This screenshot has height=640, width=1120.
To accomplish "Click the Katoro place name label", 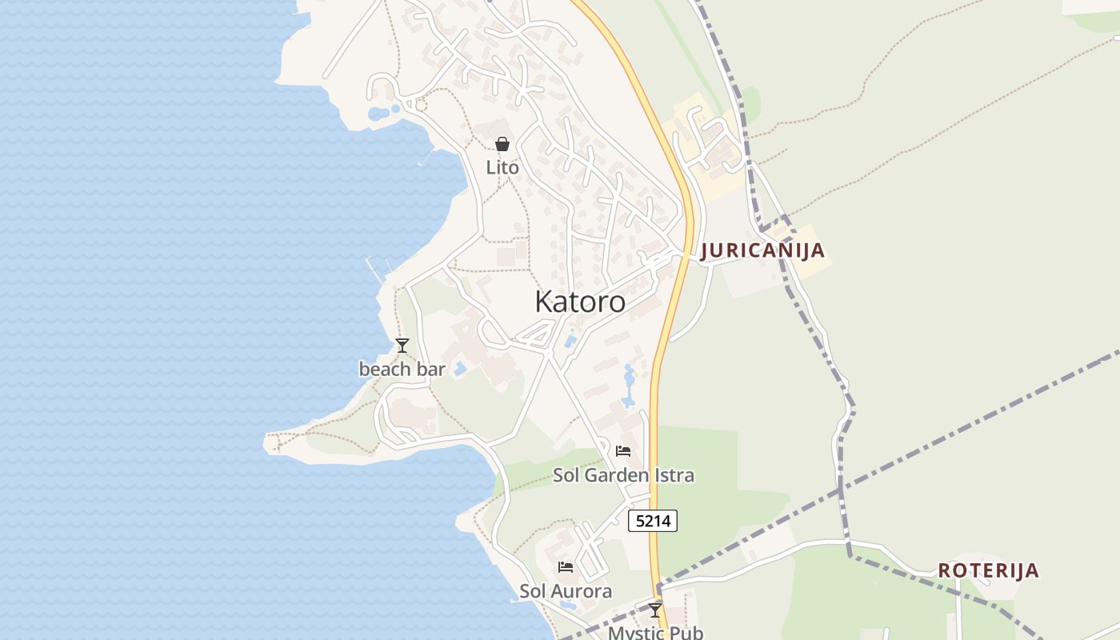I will [x=580, y=302].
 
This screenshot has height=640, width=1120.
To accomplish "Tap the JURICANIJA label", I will [x=762, y=250].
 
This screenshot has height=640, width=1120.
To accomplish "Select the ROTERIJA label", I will [x=988, y=570].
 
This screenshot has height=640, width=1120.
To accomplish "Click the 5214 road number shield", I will [x=653, y=522].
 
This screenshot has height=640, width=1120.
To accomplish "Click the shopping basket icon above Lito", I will [x=502, y=144].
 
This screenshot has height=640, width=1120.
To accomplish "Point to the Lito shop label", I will [x=502, y=168].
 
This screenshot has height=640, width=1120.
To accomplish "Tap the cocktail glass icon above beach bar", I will [x=402, y=346].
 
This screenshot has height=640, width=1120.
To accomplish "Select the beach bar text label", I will [x=402, y=370].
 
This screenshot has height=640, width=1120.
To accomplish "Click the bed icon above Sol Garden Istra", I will [x=623, y=451].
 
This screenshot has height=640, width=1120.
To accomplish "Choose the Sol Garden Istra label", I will [x=623, y=475].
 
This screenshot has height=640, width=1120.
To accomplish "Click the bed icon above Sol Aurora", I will [x=566, y=567].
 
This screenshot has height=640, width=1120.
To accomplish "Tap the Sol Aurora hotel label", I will [x=566, y=591].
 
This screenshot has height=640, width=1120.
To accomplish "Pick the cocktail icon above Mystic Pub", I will [x=655, y=610].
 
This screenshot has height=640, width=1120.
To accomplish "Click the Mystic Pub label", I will [x=655, y=633].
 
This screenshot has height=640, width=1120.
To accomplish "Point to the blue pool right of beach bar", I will [x=460, y=369].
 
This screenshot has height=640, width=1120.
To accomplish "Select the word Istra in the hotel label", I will [x=676, y=475].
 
